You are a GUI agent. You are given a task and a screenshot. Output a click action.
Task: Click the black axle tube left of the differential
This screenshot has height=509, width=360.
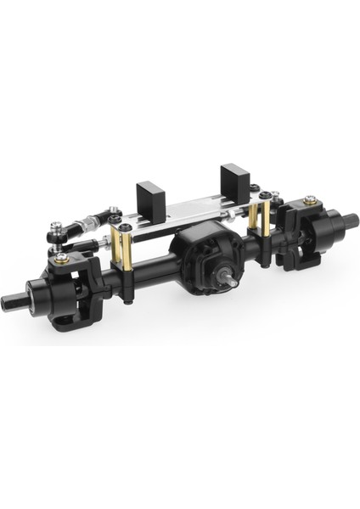[144, 270]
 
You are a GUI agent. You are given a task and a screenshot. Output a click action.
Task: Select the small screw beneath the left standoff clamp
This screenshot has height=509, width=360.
[127, 298]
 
